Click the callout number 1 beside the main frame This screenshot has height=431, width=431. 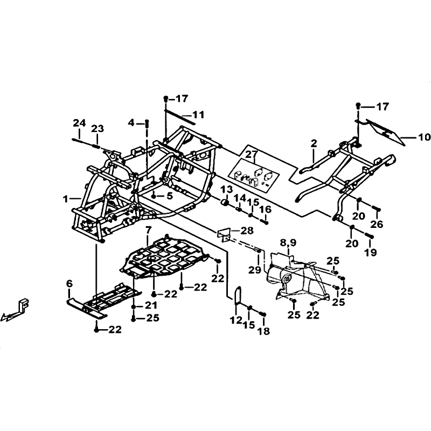click(65, 198)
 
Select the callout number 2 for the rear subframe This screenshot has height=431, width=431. click(314, 143)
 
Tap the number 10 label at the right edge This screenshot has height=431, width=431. click(423, 137)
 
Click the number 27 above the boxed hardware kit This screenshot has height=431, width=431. click(251, 155)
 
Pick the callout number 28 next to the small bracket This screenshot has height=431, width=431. click(247, 231)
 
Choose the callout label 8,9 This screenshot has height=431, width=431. click(288, 243)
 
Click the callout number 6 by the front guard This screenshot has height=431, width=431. click(69, 283)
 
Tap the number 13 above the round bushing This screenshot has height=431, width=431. click(226, 190)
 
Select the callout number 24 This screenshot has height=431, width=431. click(79, 123)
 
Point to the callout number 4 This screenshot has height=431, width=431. click(131, 123)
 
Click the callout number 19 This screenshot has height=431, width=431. click(370, 252)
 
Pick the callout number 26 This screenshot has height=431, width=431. click(377, 224)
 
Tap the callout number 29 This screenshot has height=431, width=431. click(255, 270)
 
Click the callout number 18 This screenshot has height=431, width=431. click(264, 331)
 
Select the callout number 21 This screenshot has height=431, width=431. click(151, 305)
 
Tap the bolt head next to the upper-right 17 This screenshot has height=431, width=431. click(358, 105)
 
